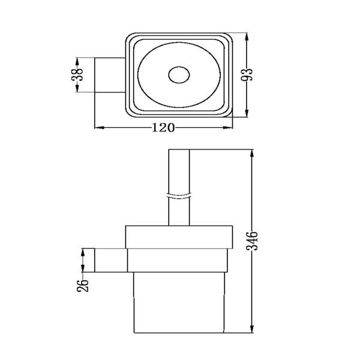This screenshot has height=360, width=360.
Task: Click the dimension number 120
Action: pos(163,127)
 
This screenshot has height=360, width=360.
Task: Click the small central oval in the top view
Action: pos(179,76)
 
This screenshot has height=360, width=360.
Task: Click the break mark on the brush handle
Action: pos(179,195)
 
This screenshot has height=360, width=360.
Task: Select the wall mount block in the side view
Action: pos(110,260)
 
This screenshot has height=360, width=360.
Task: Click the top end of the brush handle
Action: pos(179,150)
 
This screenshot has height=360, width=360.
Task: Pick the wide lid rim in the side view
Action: pos(179,236)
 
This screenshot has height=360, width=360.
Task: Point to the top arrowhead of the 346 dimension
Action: pos(251,151)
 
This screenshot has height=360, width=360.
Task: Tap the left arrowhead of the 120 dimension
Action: pos(100,128)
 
